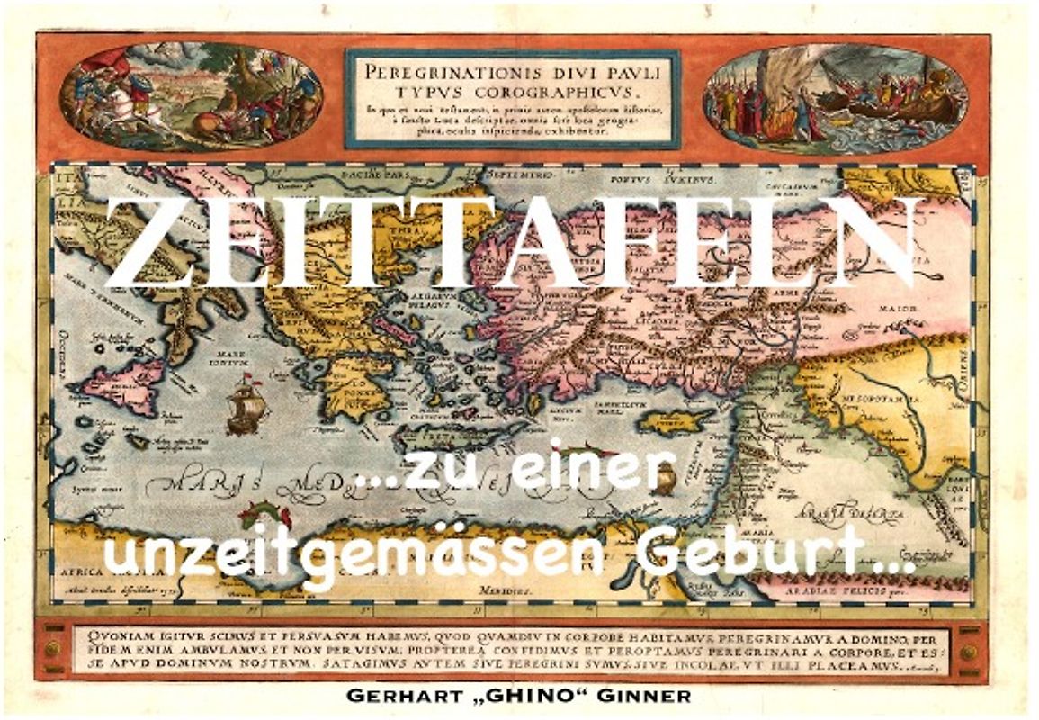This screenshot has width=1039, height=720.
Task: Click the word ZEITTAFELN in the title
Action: click(x=513, y=241)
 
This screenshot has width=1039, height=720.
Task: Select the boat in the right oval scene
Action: click(x=891, y=103)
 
